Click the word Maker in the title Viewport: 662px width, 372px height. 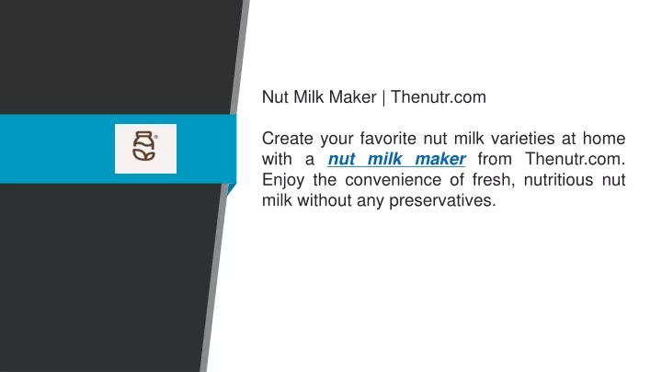352,97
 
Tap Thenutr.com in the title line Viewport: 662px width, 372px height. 439,97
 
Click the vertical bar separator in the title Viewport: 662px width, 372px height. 383,98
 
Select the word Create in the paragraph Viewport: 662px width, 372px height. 287,139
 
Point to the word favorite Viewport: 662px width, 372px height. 388,139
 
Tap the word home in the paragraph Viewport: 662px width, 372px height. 604,139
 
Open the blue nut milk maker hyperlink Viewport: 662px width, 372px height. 397,159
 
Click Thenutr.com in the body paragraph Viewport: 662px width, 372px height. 575,159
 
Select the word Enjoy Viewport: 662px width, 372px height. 283,181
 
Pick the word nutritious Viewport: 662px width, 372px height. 559,180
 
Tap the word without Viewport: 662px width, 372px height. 325,200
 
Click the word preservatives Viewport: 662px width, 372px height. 442,201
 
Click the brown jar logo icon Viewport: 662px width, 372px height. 144,146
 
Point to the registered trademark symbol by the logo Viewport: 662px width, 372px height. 155,137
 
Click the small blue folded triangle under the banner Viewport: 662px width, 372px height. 231,189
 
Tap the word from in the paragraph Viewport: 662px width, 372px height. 495,159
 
